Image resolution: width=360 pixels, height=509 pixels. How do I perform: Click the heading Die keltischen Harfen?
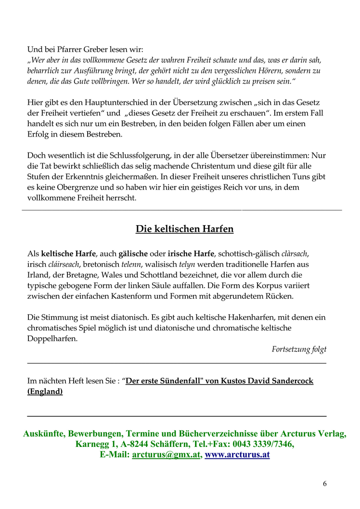point(184,229)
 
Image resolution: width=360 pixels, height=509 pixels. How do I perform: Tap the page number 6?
point(324,484)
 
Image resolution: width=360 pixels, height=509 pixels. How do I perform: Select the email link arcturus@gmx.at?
point(166,455)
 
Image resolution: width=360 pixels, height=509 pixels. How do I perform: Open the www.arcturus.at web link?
point(237,455)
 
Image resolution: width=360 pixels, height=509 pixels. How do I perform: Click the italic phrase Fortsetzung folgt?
point(299,349)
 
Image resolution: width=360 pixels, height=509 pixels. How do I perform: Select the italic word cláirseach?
point(64,264)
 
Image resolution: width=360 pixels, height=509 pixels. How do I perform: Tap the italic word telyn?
point(187,264)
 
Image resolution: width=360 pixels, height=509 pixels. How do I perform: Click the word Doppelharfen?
point(52,339)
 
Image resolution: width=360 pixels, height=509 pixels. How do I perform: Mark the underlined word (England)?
point(45,391)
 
